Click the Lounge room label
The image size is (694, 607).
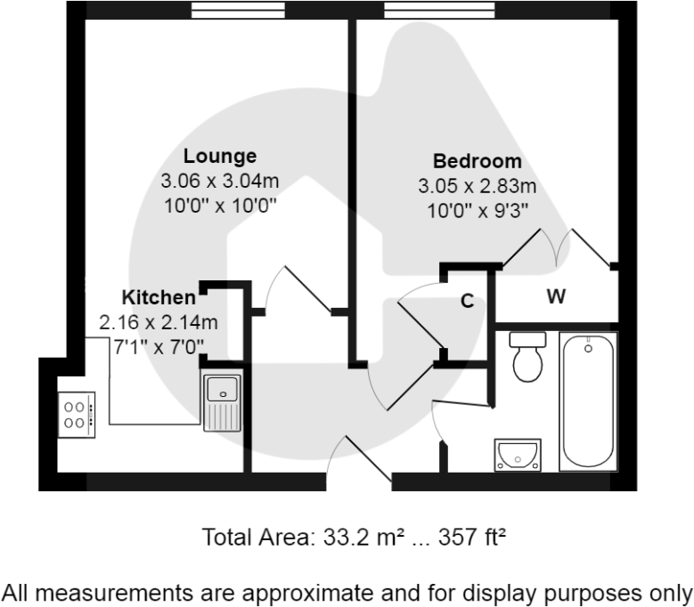220,156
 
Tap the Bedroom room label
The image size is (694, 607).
477,161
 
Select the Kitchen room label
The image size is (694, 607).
159,296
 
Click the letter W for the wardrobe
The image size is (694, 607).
556,297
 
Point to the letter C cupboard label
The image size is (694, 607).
466,301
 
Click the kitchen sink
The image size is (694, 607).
222,401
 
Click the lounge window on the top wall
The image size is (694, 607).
239,10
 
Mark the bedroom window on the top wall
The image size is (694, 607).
438,10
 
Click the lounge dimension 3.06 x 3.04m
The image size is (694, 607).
220,181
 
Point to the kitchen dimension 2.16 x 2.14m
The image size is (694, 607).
159,321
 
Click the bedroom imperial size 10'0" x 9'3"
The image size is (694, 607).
477,211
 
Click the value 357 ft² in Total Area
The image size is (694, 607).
458,538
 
